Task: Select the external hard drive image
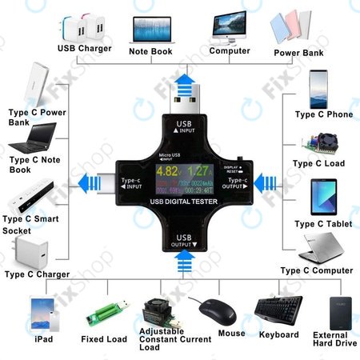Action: click(341, 313)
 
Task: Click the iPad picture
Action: click(41, 314)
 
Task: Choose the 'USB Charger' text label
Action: click(85, 48)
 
